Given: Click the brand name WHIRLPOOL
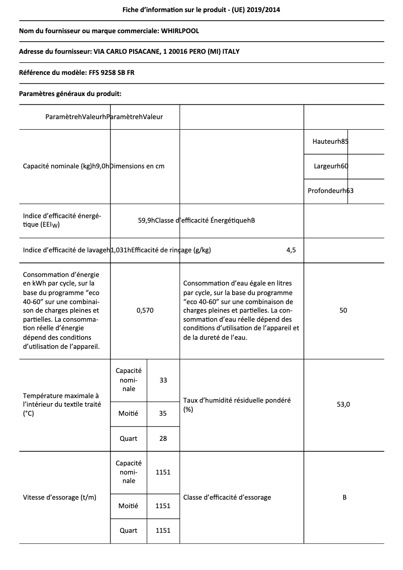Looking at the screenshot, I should (x=180, y=31).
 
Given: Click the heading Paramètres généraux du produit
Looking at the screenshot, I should (x=70, y=93).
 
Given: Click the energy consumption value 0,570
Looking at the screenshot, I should (x=145, y=311).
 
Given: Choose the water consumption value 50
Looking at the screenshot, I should (x=343, y=311).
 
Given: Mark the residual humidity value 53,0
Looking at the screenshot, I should (x=343, y=405).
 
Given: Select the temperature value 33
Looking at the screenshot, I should (x=163, y=381).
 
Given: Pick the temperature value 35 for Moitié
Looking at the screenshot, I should (x=163, y=414).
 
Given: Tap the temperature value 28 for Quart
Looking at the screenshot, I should (x=163, y=438).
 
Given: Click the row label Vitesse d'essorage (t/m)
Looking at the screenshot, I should (x=60, y=498).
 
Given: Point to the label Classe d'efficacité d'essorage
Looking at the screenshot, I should (x=227, y=498).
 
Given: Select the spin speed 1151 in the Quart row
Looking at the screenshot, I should (x=163, y=531).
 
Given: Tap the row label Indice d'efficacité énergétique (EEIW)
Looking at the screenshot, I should (x=62, y=220).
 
